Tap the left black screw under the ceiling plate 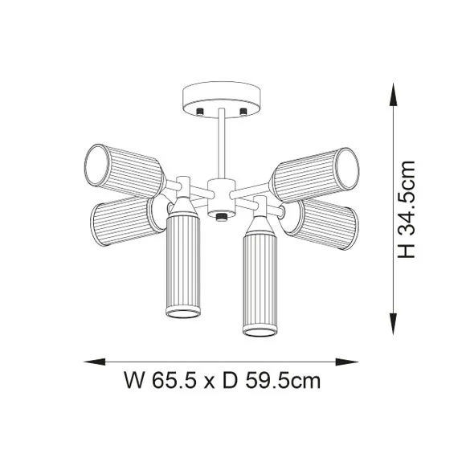pyautogui.click(x=200, y=112)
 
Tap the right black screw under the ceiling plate pyautogui.click(x=243, y=112)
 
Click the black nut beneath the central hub pyautogui.click(x=221, y=217)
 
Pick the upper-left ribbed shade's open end pyautogui.click(x=96, y=166)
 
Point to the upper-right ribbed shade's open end pyautogui.click(x=347, y=169)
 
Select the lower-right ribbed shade pyautogui.click(x=321, y=223)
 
